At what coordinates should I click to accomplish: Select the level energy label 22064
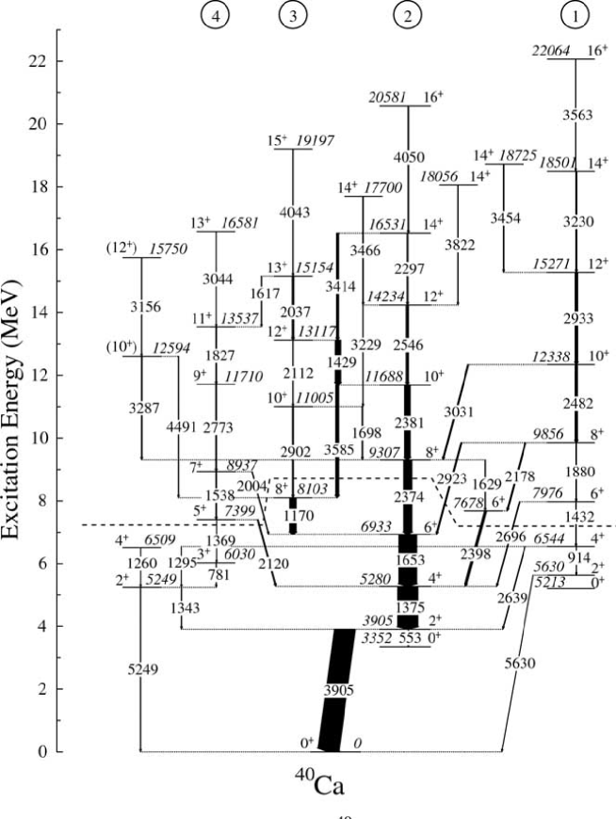pos(552,52)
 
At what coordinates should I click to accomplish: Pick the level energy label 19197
pos(317,141)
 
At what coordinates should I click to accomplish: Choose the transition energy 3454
pos(505,218)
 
